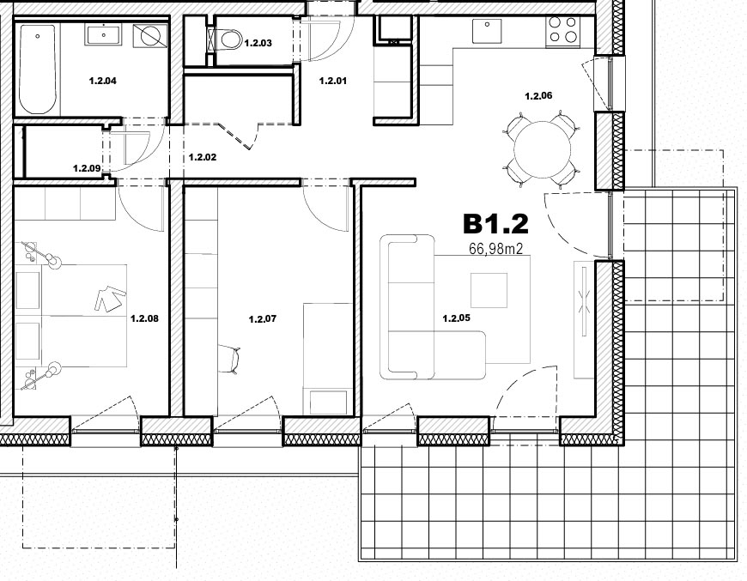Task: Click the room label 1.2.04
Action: click(x=102, y=81)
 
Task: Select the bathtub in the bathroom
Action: click(x=37, y=69)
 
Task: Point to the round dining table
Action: click(x=543, y=149)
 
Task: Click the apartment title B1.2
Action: click(x=496, y=224)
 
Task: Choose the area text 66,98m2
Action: click(x=496, y=249)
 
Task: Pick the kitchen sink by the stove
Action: click(x=487, y=31)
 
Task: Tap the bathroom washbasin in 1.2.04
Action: click(x=103, y=35)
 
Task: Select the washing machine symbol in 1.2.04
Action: click(x=150, y=35)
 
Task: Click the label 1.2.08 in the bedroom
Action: click(x=144, y=318)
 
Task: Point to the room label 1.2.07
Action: click(x=263, y=319)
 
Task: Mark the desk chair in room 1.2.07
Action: click(x=229, y=358)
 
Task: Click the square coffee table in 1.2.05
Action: click(x=489, y=290)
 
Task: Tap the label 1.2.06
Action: click(x=538, y=96)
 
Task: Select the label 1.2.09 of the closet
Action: click(x=87, y=168)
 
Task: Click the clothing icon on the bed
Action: click(x=110, y=299)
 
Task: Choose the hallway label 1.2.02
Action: click(x=203, y=157)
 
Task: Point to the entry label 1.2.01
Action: click(x=333, y=81)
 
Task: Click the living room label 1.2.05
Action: click(x=457, y=318)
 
